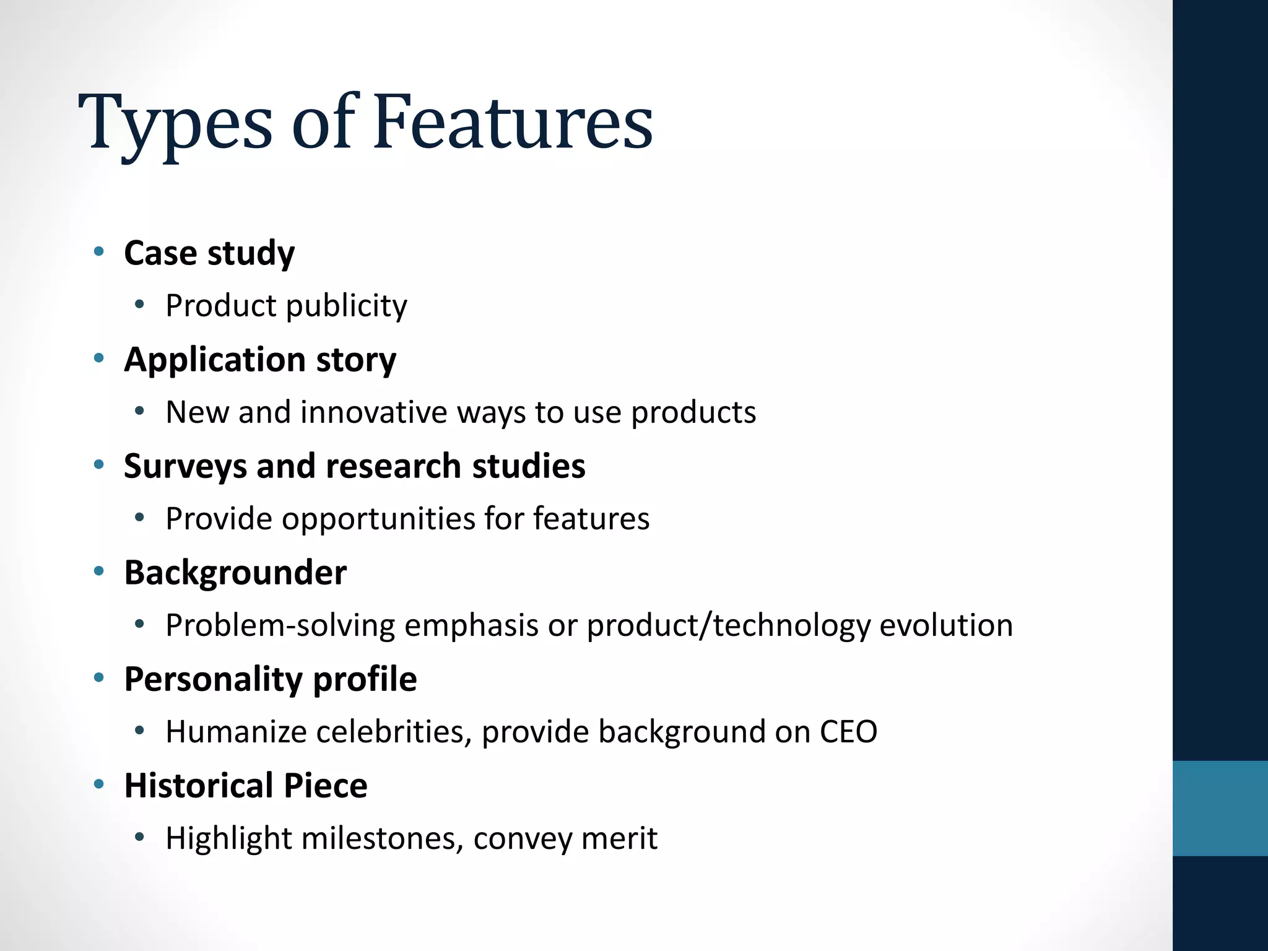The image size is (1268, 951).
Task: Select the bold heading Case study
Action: click(x=209, y=253)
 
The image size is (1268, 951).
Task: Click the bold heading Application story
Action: click(x=260, y=360)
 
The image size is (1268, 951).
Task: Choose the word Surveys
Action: click(x=185, y=467)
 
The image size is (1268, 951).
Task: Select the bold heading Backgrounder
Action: click(x=235, y=573)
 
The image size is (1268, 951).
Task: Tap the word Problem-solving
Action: click(x=280, y=625)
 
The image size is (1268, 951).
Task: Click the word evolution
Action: click(x=946, y=625)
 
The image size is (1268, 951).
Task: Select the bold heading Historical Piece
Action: click(x=246, y=786)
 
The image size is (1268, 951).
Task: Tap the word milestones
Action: click(x=383, y=838)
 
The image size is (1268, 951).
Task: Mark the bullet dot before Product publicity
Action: click(x=140, y=305)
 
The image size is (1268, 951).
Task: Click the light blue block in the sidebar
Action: click(x=1220, y=808)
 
